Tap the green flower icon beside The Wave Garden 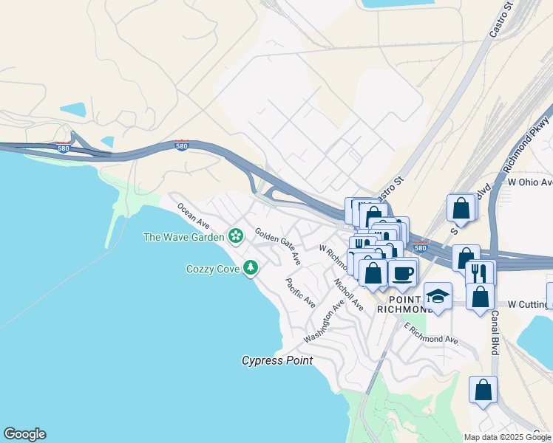tap(236, 236)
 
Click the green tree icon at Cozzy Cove tap(251, 267)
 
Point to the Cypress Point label tap(277, 361)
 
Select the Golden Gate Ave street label tap(278, 247)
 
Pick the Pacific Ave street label tap(301, 292)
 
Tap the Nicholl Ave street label tap(348, 294)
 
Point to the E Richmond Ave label tap(432, 334)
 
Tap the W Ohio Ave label tap(529, 182)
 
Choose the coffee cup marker tap(402, 273)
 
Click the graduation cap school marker tap(438, 296)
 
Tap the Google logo tap(24, 434)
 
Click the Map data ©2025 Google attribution tap(507, 437)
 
